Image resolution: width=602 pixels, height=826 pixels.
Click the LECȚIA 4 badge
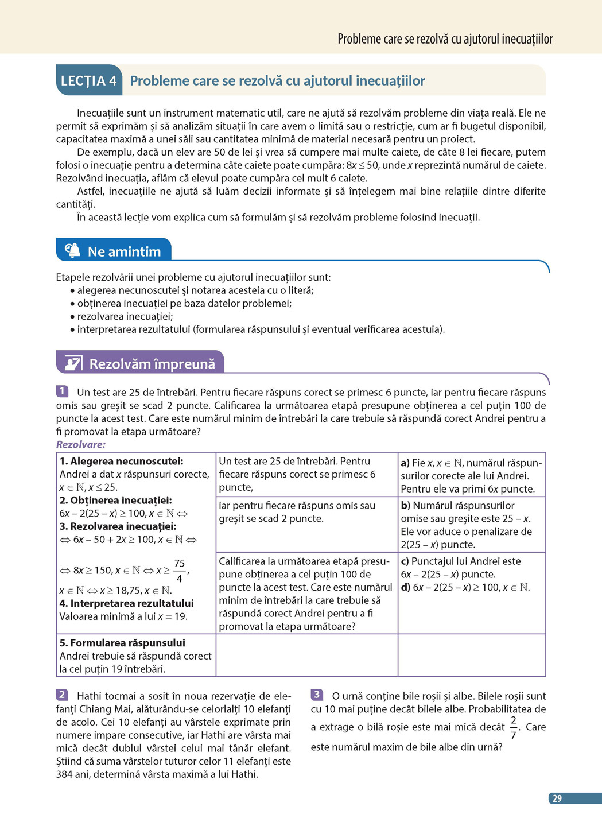tap(89, 81)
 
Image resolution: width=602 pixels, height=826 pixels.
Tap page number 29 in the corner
tap(557, 798)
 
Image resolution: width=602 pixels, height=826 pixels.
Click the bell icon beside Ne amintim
tap(72, 250)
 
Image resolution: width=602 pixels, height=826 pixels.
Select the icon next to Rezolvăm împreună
tap(73, 363)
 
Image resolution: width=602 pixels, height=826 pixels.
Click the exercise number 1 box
tap(63, 391)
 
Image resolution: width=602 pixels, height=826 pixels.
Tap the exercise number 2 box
tap(63, 695)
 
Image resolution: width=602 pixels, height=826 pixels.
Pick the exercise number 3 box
tap(317, 695)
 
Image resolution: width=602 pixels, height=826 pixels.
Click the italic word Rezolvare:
tap(81, 444)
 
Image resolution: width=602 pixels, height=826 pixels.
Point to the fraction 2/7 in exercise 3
tap(513, 727)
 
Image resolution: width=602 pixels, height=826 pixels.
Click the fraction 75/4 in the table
tap(180, 571)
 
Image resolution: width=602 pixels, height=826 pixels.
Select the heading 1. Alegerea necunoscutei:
tap(121, 462)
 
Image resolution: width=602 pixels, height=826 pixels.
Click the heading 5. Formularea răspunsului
tap(122, 643)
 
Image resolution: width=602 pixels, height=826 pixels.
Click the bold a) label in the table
tap(405, 463)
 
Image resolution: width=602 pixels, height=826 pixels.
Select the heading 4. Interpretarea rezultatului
tap(126, 603)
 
